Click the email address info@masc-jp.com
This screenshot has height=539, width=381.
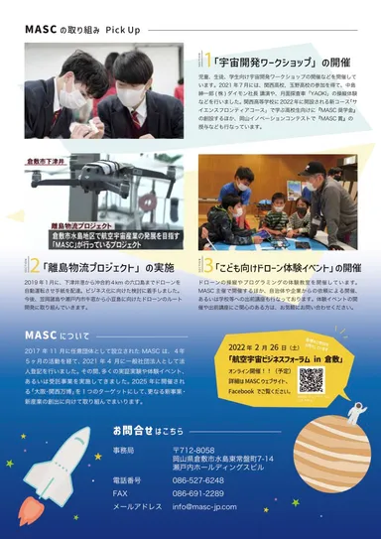[x=212, y=505]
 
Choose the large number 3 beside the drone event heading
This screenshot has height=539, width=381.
[x=206, y=266]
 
